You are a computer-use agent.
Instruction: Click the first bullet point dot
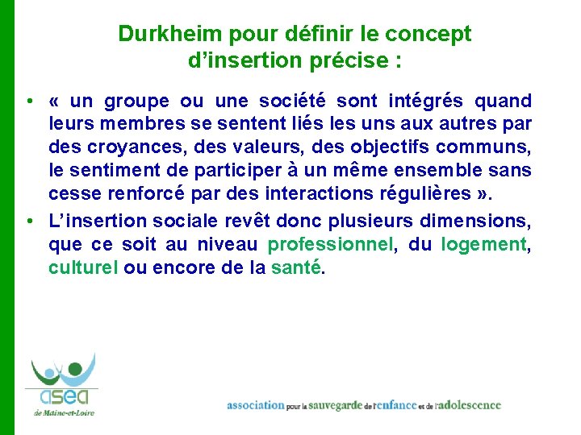coord(28,101)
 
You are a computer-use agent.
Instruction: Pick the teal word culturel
coord(83,268)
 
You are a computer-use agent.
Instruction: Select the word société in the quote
coord(292,101)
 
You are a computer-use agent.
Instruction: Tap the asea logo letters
coord(62,397)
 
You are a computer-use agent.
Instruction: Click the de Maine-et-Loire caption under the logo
coord(64,412)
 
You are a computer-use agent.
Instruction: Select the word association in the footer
coord(256,405)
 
